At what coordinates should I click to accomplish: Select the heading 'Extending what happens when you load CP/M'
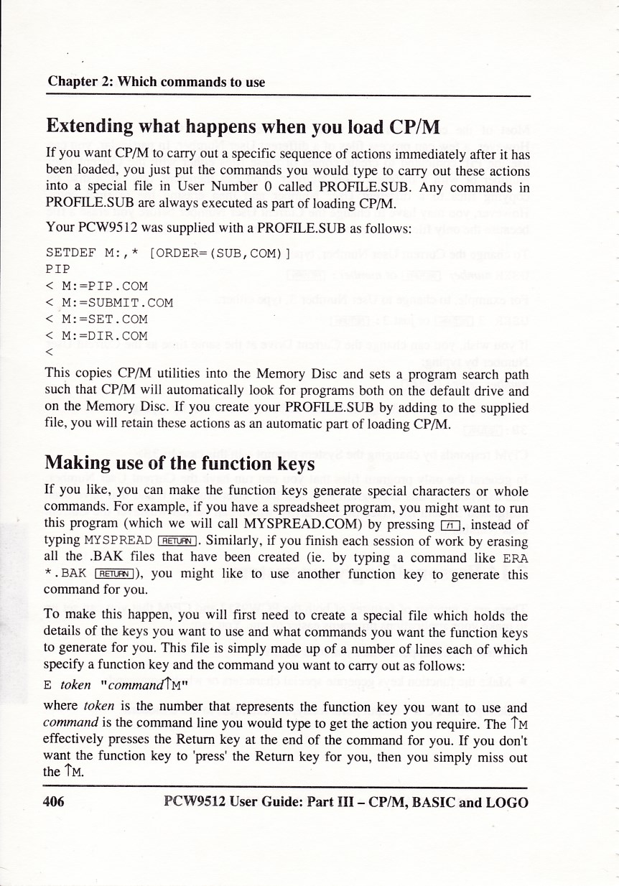coord(243,127)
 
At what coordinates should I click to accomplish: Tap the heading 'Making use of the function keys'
coord(180,463)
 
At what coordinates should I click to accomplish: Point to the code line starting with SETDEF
coord(168,253)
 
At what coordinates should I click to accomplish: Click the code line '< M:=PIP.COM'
coord(97,286)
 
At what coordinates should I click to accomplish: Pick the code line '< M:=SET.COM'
coord(97,319)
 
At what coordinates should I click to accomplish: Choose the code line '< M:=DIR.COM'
coord(97,335)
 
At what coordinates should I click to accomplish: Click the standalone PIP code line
coord(57,269)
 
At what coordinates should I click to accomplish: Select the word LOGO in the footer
coord(506,802)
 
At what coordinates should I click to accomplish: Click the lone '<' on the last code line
coord(48,352)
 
